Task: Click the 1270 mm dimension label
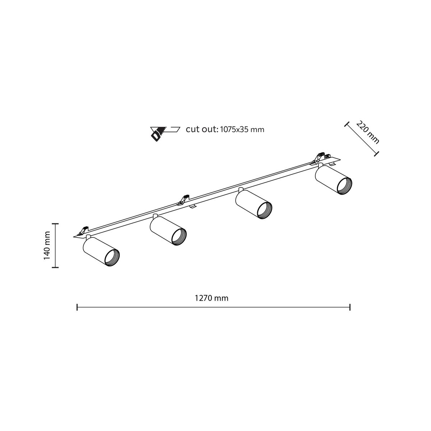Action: pyautogui.click(x=212, y=298)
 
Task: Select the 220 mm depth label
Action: pyautogui.click(x=368, y=132)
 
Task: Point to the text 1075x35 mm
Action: pyautogui.click(x=242, y=129)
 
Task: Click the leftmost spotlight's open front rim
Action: pyautogui.click(x=112, y=257)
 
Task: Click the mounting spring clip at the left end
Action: pyautogui.click(x=85, y=230)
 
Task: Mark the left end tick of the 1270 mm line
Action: pyautogui.click(x=77, y=307)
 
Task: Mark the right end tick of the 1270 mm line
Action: pyautogui.click(x=350, y=307)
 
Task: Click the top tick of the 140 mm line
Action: pyautogui.click(x=55, y=223)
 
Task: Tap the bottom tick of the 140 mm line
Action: pyautogui.click(x=55, y=267)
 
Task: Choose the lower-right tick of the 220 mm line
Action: pyautogui.click(x=376, y=154)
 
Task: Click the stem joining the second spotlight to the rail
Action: pyautogui.click(x=155, y=216)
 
